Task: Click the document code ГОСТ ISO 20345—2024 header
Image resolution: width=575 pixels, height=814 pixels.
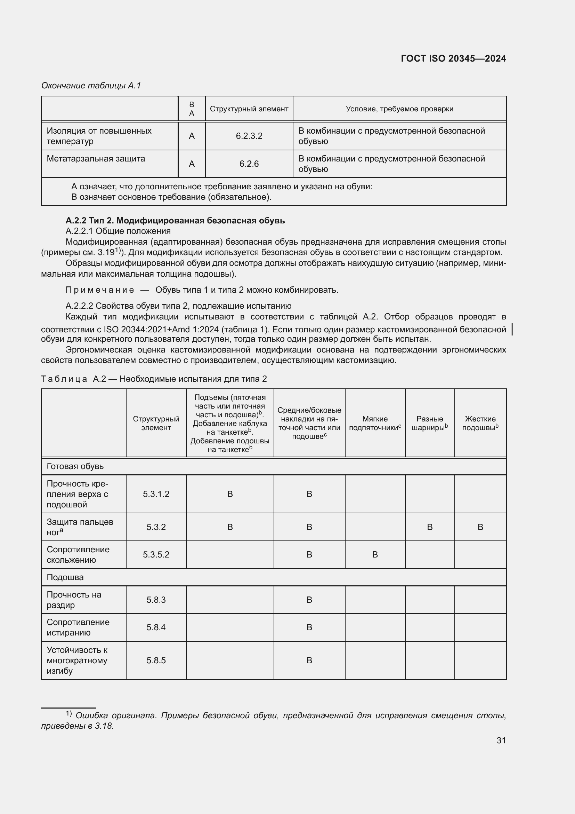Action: (x=453, y=58)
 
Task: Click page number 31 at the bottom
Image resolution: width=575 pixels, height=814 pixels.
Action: (x=501, y=740)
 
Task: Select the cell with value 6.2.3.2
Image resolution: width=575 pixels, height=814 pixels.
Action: (x=249, y=136)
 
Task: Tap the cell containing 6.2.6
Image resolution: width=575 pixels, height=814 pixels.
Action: (x=249, y=164)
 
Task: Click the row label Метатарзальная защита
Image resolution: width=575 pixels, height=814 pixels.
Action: (x=96, y=159)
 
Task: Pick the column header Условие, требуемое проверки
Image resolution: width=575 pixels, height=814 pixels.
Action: (x=399, y=109)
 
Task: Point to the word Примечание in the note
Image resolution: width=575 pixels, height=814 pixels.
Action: (x=100, y=290)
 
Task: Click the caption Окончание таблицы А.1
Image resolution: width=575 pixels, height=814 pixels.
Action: (x=91, y=86)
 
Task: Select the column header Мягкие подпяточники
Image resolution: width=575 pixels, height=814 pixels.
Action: (x=375, y=423)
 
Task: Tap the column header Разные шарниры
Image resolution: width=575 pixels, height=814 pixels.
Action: (x=429, y=423)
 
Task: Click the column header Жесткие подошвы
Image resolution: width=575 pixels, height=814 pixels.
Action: (x=480, y=423)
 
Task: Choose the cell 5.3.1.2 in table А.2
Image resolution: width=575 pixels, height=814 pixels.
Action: (x=156, y=494)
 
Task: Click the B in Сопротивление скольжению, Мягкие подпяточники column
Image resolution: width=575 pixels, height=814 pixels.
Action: (x=375, y=554)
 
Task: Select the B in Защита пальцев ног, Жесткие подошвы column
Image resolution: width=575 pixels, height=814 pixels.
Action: (x=480, y=527)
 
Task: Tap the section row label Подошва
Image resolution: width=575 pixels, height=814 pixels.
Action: (x=65, y=577)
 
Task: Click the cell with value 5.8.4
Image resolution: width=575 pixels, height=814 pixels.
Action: (x=156, y=627)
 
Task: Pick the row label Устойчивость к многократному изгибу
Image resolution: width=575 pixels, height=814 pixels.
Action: (x=77, y=660)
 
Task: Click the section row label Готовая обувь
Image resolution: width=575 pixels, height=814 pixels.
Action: (x=75, y=466)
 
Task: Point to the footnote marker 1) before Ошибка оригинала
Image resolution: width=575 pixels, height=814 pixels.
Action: (x=69, y=713)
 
